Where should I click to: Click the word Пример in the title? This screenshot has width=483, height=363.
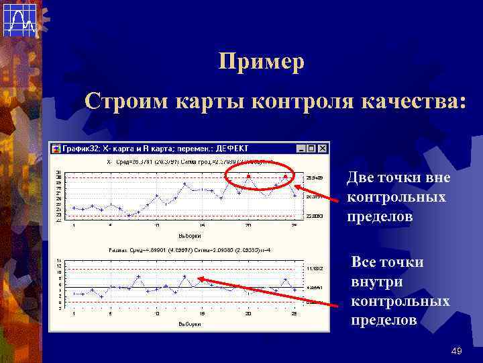coord(262,63)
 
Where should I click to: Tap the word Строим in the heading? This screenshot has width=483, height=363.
coord(127,102)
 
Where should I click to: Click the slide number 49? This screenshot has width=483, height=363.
coord(457,351)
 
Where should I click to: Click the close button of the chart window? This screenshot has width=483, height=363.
coord(323,149)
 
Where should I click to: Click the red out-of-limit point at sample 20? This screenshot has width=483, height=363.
coord(248,176)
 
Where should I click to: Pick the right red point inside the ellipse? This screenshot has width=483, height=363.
coord(285,176)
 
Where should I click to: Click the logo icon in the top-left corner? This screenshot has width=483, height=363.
coord(19,19)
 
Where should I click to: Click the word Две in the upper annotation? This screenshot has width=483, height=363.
coord(361,178)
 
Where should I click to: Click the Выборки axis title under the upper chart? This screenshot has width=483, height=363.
coord(191,236)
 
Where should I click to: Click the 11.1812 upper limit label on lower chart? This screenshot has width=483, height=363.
coord(315,268)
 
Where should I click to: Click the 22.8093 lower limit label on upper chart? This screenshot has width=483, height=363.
coord(315,216)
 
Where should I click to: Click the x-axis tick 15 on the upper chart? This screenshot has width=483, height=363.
coord(203,225)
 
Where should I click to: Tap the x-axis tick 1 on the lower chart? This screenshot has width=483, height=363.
coord(73,313)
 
